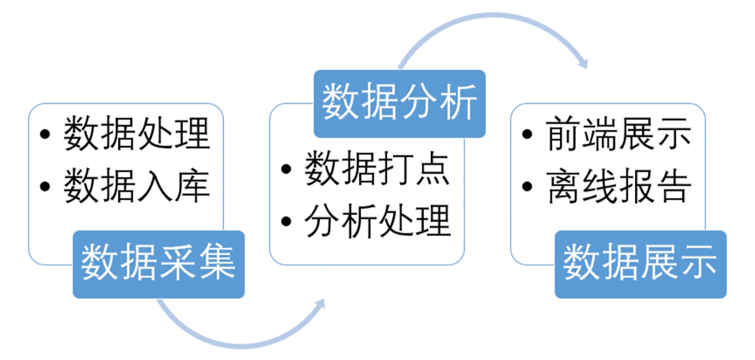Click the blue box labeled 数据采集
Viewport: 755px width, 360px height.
[x=159, y=264]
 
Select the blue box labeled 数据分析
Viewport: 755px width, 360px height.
[x=399, y=103]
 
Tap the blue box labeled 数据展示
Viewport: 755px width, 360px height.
[x=640, y=264]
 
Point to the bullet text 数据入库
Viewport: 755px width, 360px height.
[x=137, y=186]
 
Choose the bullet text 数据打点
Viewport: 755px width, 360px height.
[x=377, y=169]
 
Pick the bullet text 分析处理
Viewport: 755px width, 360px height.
[x=377, y=221]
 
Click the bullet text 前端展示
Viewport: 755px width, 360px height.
[x=618, y=134]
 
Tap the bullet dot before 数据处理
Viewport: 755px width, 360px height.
[x=45, y=134]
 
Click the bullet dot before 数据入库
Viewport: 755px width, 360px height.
[x=45, y=186]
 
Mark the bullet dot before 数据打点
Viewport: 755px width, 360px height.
[x=286, y=169]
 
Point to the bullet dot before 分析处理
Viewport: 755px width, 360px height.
[x=286, y=221]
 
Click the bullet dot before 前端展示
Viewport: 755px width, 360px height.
[x=527, y=134]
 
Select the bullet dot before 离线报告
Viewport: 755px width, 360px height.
[x=527, y=186]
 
